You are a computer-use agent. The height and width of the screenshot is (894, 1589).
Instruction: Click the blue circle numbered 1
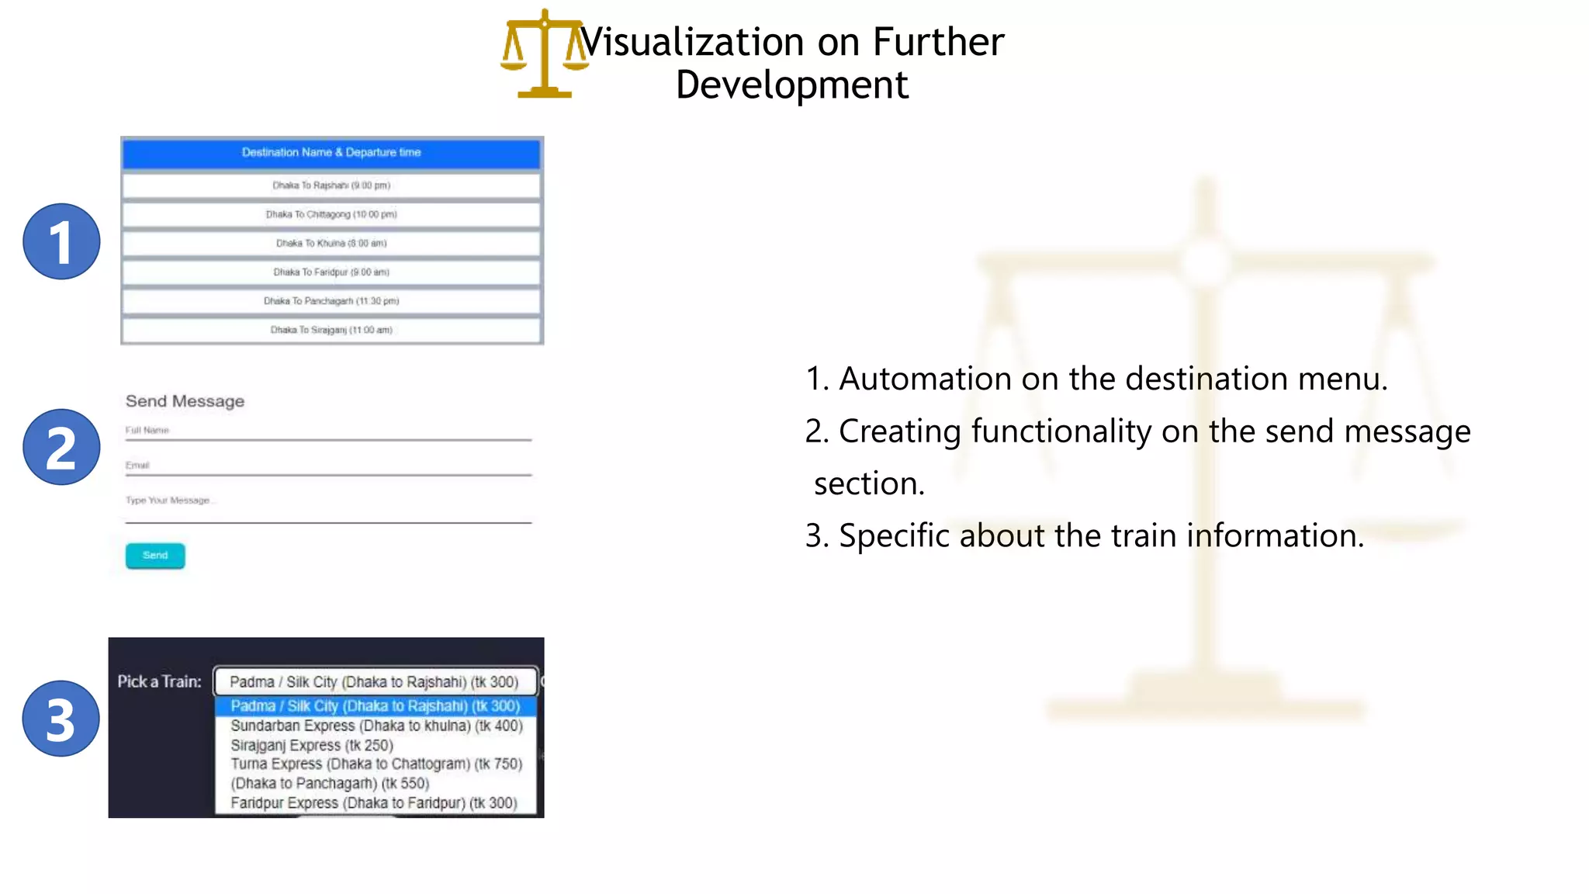pyautogui.click(x=61, y=241)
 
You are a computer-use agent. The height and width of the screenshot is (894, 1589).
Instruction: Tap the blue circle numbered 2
pyautogui.click(x=61, y=447)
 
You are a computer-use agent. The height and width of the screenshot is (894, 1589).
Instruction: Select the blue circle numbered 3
pyautogui.click(x=61, y=719)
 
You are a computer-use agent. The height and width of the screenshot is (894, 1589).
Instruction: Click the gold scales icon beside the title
pyautogui.click(x=544, y=54)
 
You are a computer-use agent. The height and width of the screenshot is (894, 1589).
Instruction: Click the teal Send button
pyautogui.click(x=155, y=556)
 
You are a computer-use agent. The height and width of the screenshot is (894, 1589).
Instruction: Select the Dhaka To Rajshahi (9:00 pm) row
pyautogui.click(x=331, y=185)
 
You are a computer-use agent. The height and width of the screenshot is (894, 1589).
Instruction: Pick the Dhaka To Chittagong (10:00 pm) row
pyautogui.click(x=331, y=214)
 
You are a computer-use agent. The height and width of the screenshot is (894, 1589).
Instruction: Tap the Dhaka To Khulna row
pyautogui.click(x=331, y=244)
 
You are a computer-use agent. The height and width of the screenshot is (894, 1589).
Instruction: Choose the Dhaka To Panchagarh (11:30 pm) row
pyautogui.click(x=331, y=301)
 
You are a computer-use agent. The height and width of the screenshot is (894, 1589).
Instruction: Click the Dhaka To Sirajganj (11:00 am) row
pyautogui.click(x=331, y=330)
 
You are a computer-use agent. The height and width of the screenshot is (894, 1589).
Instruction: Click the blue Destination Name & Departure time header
pyautogui.click(x=331, y=153)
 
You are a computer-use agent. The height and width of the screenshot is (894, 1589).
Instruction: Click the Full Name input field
pyautogui.click(x=328, y=431)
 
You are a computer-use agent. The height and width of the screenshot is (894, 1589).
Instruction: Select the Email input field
pyautogui.click(x=328, y=466)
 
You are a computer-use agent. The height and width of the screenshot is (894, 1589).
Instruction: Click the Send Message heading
pyautogui.click(x=185, y=401)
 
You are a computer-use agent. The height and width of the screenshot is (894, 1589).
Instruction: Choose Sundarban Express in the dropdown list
pyautogui.click(x=376, y=726)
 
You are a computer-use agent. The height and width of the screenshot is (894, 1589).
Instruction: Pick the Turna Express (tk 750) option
pyautogui.click(x=376, y=764)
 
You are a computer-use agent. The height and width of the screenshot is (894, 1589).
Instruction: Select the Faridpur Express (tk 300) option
pyautogui.click(x=373, y=803)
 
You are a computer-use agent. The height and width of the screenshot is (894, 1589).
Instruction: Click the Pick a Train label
pyautogui.click(x=159, y=681)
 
